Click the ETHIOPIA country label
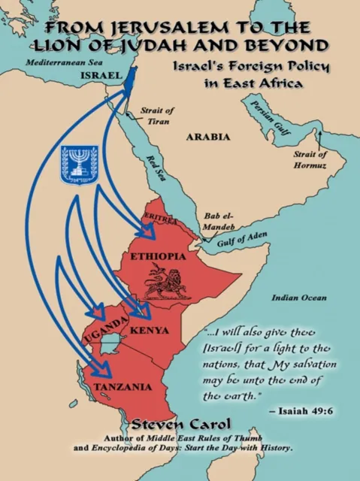coord(159,256)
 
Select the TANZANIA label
coord(123,387)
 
